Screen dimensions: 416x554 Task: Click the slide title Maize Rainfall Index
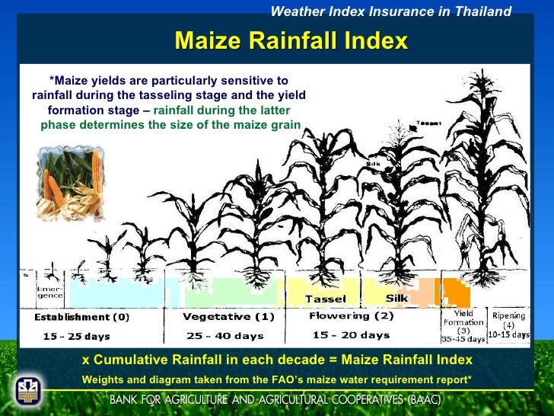click(291, 40)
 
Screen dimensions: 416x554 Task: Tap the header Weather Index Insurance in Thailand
click(391, 11)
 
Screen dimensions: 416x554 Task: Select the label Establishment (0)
click(81, 317)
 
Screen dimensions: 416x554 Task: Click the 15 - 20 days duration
click(351, 334)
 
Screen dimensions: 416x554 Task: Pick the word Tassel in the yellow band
click(325, 299)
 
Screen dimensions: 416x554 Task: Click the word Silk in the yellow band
click(396, 298)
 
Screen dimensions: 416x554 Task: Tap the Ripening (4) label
click(509, 319)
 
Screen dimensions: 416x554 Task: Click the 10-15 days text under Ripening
click(509, 334)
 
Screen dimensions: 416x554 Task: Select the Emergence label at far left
click(50, 293)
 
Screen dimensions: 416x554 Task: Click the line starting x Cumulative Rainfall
click(277, 360)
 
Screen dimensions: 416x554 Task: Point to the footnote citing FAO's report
click(277, 379)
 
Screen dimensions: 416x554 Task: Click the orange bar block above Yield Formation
click(457, 292)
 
